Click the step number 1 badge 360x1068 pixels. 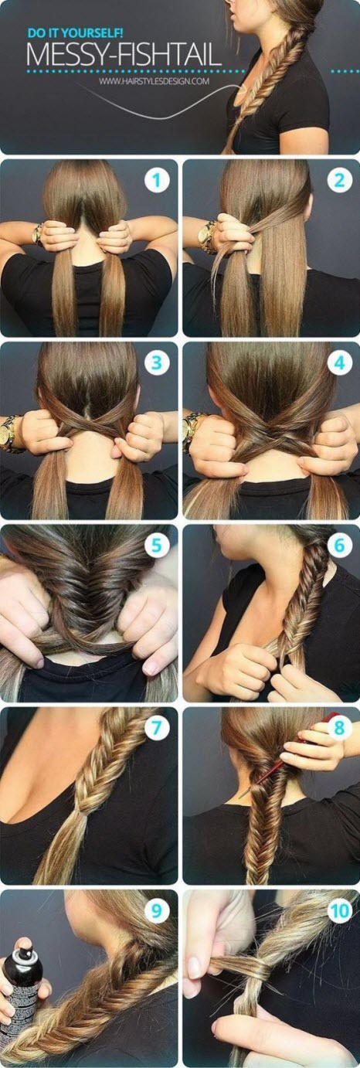coord(157,181)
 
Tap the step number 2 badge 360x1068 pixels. coord(338,181)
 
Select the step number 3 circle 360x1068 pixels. coord(157,363)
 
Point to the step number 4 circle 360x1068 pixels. coord(338,363)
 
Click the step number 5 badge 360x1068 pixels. coord(157,546)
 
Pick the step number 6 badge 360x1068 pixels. coord(338,546)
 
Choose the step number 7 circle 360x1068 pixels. coord(157,728)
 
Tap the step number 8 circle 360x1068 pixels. coord(338,728)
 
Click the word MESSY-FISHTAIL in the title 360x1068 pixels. coord(124,56)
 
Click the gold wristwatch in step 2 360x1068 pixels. coord(207,236)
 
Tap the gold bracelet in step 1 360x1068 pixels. coord(38,233)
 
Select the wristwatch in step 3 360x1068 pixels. coord(11,433)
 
